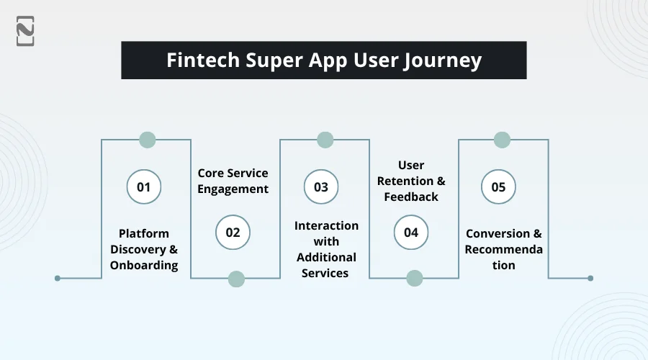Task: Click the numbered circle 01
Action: point(144,186)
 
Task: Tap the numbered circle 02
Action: point(233,233)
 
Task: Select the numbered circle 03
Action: point(321,186)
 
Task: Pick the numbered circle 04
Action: point(411,233)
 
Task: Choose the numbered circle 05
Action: point(498,186)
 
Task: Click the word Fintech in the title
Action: point(203,60)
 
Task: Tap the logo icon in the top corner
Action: point(25,31)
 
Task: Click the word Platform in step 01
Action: point(144,233)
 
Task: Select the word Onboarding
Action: point(144,266)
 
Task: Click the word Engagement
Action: point(233,189)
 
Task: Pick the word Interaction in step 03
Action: point(326,225)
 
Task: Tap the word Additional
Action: point(326,257)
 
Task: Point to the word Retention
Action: point(405,181)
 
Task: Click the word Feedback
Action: point(411,197)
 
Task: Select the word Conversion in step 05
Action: point(498,233)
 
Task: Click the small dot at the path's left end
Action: point(58,278)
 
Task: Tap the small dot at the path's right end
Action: point(590,278)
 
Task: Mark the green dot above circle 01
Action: point(148,140)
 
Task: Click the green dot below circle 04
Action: point(415,278)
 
